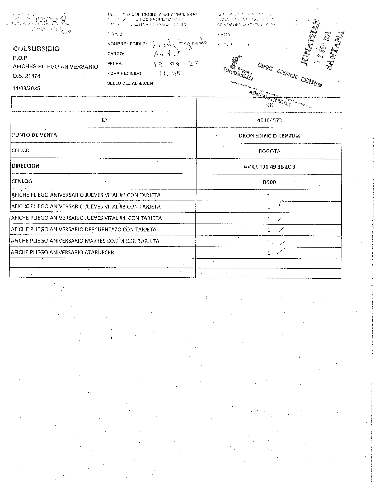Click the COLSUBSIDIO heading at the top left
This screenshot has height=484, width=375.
tap(36, 49)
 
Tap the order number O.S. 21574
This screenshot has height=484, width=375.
tap(26, 76)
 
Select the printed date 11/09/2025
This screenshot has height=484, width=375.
tap(26, 88)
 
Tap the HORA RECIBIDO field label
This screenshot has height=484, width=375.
tap(125, 73)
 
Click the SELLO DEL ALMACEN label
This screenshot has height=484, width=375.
tap(130, 83)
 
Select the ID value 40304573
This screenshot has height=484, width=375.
tap(269, 120)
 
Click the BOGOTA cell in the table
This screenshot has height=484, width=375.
tap(269, 151)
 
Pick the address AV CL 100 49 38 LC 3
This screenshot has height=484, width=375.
tap(269, 167)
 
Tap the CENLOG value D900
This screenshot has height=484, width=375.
tap(269, 182)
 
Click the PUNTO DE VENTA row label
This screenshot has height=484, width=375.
tap(34, 135)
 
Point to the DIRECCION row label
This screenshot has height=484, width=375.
tap(26, 166)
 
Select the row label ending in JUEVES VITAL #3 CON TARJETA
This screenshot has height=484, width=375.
tap(86, 206)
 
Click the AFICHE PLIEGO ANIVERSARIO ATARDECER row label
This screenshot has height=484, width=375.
tap(62, 252)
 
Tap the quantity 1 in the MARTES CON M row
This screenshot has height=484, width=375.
tap(269, 241)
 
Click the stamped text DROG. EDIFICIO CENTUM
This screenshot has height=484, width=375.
tap(290, 75)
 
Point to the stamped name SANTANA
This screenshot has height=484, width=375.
tap(336, 50)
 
